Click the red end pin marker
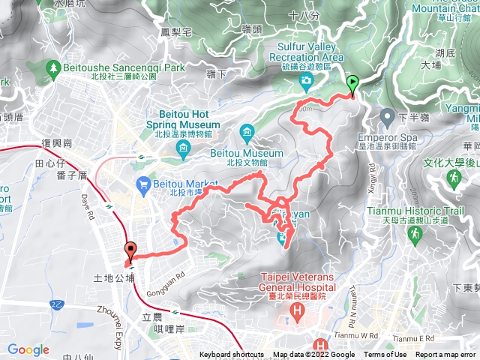point(130,252)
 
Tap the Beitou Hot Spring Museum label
point(183,124)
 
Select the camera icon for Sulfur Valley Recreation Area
point(306,80)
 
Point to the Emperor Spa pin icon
point(387,118)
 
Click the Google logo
point(28,349)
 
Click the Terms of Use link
point(385,355)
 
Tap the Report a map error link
point(445,355)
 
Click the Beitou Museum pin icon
point(247,133)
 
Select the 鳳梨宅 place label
point(177,33)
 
